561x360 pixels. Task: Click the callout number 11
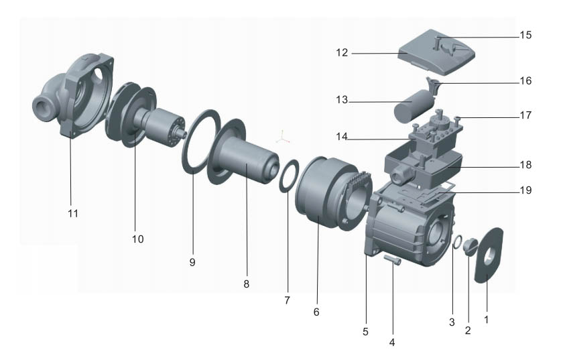73,214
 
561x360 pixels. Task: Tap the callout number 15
525,35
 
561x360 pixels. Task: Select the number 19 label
525,190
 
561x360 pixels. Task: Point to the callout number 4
392,343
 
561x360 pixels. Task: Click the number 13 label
342,99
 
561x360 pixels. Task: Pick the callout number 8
246,284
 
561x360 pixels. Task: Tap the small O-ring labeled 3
457,242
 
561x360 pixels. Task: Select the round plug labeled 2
470,247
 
